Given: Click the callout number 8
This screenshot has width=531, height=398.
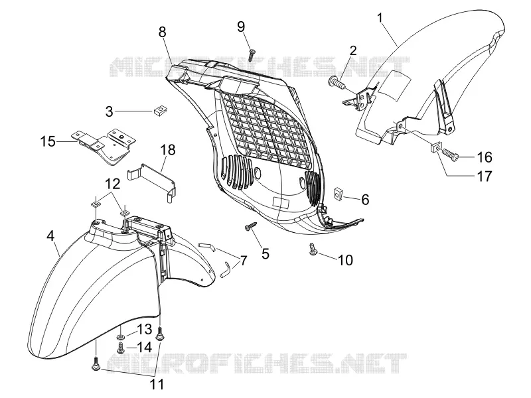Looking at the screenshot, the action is point(162,32).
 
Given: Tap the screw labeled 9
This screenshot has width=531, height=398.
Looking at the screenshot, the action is point(252,55).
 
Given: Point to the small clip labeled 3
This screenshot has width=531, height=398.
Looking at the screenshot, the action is point(160,110).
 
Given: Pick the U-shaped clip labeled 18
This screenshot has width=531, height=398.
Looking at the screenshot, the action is point(154,182).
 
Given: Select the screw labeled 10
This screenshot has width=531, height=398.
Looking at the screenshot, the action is point(313,249).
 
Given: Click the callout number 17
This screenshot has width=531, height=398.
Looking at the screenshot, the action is point(485,176).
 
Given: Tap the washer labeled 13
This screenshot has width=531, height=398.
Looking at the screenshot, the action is point(121,337).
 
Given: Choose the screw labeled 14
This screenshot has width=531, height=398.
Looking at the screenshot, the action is point(120,348).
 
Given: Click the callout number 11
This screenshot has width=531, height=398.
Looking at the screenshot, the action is point(157,384).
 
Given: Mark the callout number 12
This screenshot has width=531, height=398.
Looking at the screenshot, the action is point(112,184).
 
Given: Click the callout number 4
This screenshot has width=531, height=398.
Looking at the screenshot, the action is point(50,235).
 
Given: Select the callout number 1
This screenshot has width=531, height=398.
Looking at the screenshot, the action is point(380,18).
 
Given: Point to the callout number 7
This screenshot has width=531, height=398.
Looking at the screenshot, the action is point(243,261).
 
